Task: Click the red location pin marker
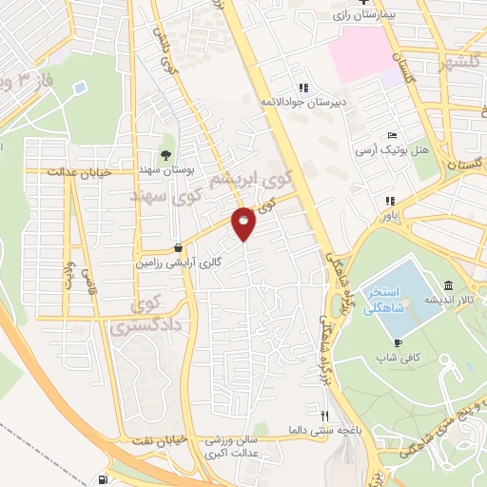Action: pos(244,223)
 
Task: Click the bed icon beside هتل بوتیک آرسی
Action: pos(391,136)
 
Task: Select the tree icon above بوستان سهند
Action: pos(167,154)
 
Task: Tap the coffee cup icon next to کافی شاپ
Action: pos(397,342)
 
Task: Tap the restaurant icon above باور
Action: pos(388,201)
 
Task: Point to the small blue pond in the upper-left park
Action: pos(78,87)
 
